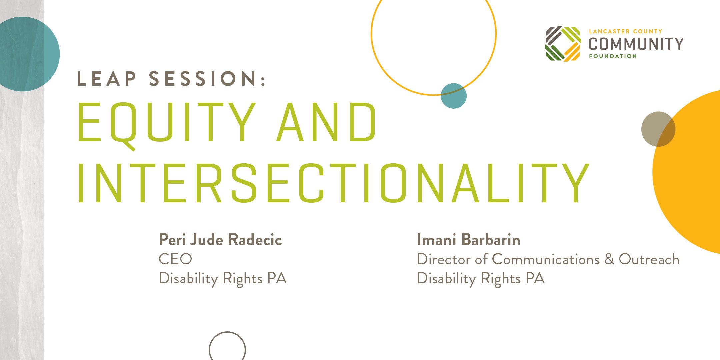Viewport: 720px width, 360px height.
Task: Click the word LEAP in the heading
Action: (107, 79)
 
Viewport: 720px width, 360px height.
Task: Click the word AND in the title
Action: (327, 122)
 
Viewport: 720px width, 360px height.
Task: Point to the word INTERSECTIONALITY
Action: (333, 183)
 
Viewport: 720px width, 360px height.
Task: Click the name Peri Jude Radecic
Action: (220, 240)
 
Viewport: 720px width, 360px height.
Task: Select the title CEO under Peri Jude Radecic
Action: (175, 259)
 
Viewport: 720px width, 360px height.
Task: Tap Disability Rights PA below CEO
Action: (223, 279)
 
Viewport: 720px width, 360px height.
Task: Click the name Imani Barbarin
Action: (468, 240)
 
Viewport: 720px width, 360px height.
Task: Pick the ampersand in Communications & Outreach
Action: (609, 259)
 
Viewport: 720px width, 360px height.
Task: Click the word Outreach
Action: (649, 259)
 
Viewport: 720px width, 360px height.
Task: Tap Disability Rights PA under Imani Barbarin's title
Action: (481, 279)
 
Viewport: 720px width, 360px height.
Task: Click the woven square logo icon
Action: (563, 44)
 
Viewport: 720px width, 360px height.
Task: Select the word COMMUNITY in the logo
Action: (636, 44)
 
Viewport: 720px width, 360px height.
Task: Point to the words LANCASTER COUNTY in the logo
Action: (625, 31)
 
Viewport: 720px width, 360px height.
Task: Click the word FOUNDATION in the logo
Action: (613, 56)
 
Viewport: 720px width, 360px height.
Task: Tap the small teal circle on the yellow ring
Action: (454, 96)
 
